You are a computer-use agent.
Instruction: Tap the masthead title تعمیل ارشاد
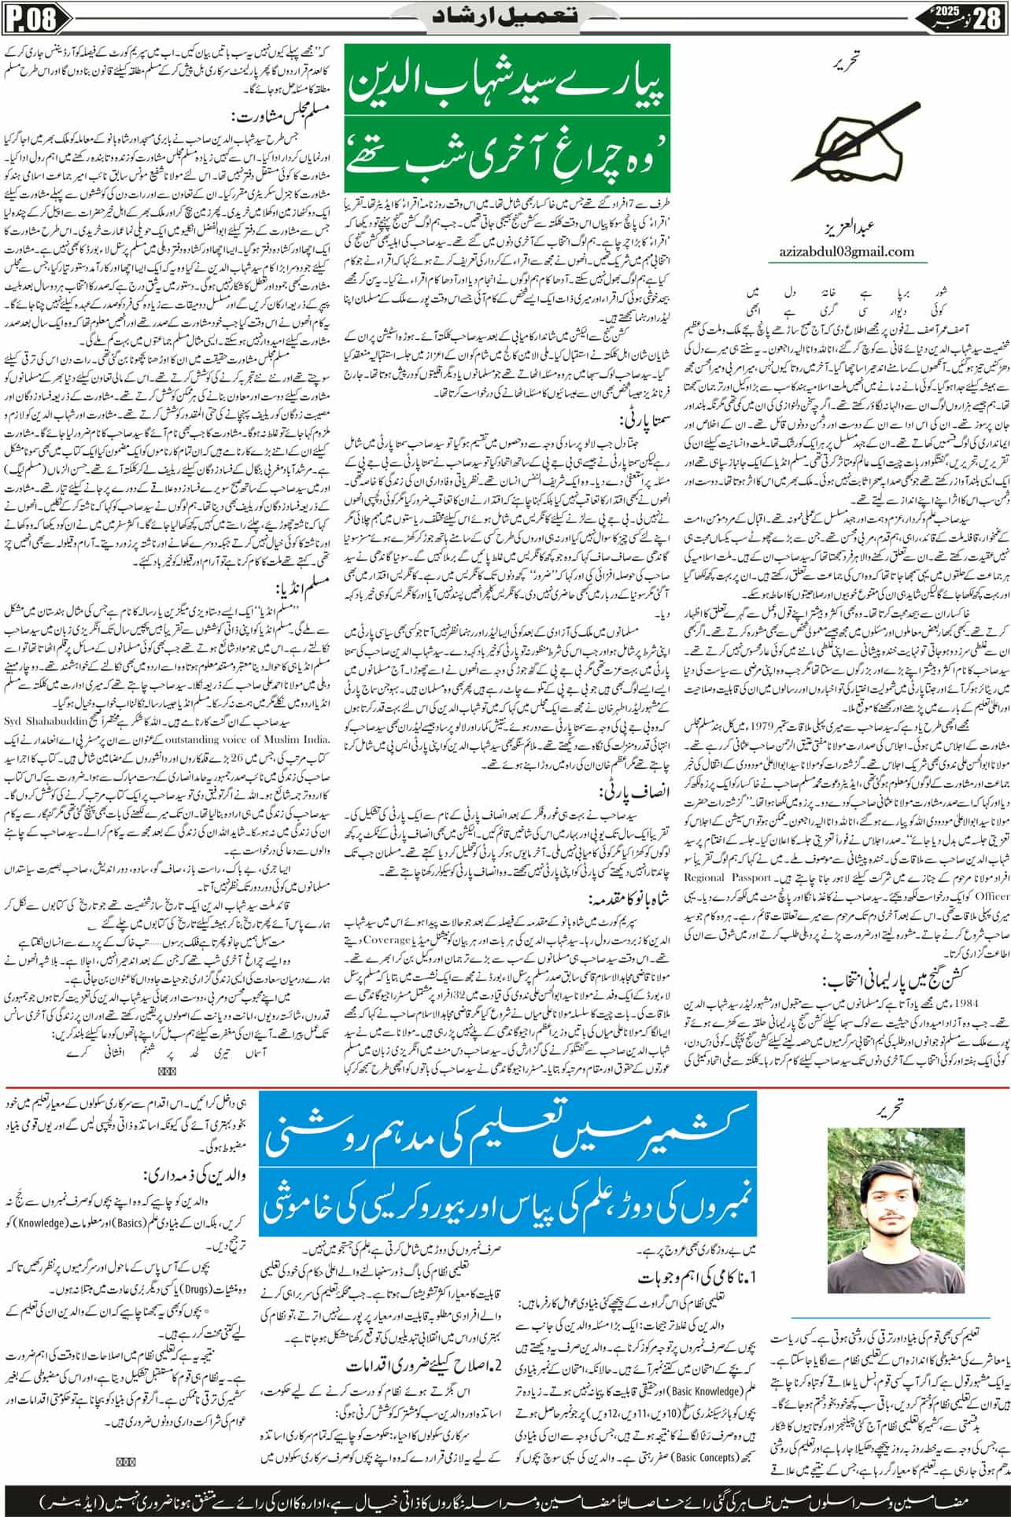[x=504, y=17]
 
